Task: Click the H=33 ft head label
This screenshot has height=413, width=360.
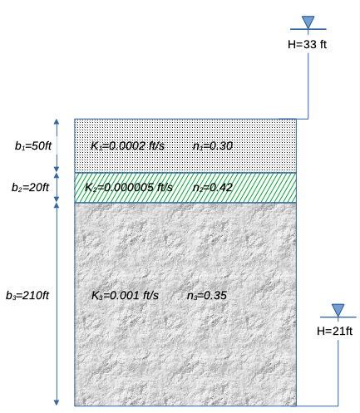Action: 307,44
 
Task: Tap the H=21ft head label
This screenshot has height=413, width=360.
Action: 335,331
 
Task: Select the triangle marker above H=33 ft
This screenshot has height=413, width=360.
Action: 308,22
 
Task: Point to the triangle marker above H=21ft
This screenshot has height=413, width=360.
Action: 338,310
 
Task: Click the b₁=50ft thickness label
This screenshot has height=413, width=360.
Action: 33,145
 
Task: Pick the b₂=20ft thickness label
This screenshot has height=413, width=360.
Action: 30,188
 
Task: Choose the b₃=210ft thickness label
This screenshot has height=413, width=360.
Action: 27,295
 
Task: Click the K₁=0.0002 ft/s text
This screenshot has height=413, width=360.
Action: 128,146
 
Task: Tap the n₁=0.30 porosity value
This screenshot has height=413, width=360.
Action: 213,146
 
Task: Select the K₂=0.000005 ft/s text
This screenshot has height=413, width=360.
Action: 129,188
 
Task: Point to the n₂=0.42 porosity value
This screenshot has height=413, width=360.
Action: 213,188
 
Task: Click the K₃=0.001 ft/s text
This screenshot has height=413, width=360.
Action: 125,295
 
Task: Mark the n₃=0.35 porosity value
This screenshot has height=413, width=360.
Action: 207,295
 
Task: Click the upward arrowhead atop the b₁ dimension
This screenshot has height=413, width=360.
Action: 57,121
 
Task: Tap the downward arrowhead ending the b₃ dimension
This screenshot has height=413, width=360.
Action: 57,403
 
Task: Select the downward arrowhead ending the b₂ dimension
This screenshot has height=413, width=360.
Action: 57,199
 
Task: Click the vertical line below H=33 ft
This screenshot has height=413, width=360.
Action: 308,86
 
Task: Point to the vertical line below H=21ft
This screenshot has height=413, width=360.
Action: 338,373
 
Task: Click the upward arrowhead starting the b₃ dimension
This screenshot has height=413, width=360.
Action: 57,205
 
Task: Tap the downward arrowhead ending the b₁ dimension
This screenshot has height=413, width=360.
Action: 57,170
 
